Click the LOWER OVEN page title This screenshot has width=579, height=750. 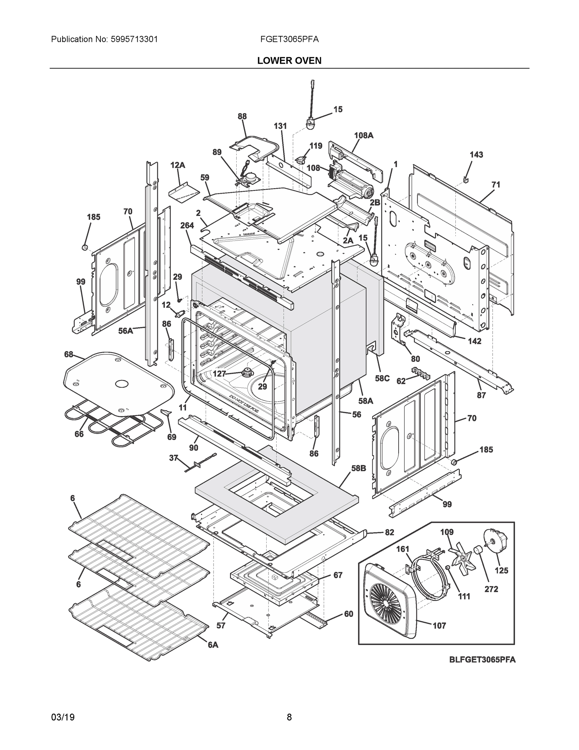click(x=289, y=61)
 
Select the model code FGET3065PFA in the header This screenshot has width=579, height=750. click(x=289, y=39)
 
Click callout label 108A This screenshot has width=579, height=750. click(x=364, y=136)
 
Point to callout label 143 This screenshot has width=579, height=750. click(x=476, y=155)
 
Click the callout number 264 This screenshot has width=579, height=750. click(x=187, y=226)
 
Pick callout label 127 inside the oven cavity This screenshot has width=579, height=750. click(x=219, y=374)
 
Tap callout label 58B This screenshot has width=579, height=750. click(x=358, y=468)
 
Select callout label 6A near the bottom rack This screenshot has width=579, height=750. click(x=213, y=645)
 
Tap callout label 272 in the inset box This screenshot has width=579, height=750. click(x=491, y=589)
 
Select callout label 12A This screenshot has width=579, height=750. click(x=178, y=165)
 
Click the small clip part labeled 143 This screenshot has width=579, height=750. click(x=465, y=179)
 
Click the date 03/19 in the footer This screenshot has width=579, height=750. click(x=63, y=717)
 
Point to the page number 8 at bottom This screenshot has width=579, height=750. click(x=289, y=717)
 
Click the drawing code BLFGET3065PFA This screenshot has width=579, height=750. click(x=482, y=660)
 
